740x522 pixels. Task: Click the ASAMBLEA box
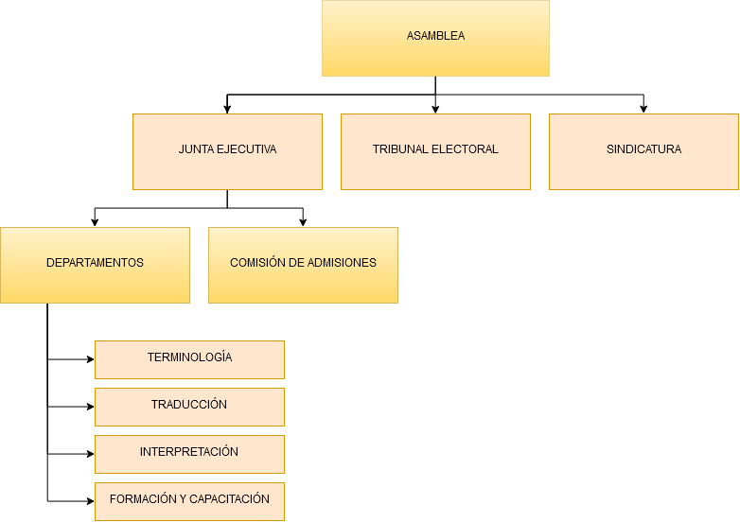[435, 38]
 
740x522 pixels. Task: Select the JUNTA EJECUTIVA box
[227, 152]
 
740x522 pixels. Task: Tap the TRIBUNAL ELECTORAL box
[435, 152]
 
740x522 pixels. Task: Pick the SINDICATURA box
[643, 152]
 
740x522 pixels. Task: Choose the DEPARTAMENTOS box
[95, 265]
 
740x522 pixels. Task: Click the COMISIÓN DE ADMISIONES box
[303, 265]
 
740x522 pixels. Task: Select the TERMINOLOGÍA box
[189, 359]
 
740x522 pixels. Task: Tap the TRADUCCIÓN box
[189, 407]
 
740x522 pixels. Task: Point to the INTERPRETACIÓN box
[189, 454]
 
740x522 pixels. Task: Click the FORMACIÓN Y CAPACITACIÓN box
[189, 501]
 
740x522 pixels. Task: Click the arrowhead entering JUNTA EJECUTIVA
[227, 110]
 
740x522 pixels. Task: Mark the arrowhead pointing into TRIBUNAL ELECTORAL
[435, 110]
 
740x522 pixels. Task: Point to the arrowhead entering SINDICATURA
[643, 110]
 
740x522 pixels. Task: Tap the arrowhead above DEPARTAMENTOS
[95, 223]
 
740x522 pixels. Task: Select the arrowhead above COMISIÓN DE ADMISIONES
[303, 223]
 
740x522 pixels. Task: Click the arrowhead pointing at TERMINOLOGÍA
[91, 359]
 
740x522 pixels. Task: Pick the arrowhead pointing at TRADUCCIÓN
[91, 407]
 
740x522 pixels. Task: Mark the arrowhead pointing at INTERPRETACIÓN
[91, 454]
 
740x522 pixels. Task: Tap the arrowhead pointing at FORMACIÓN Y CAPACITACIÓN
[91, 501]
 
